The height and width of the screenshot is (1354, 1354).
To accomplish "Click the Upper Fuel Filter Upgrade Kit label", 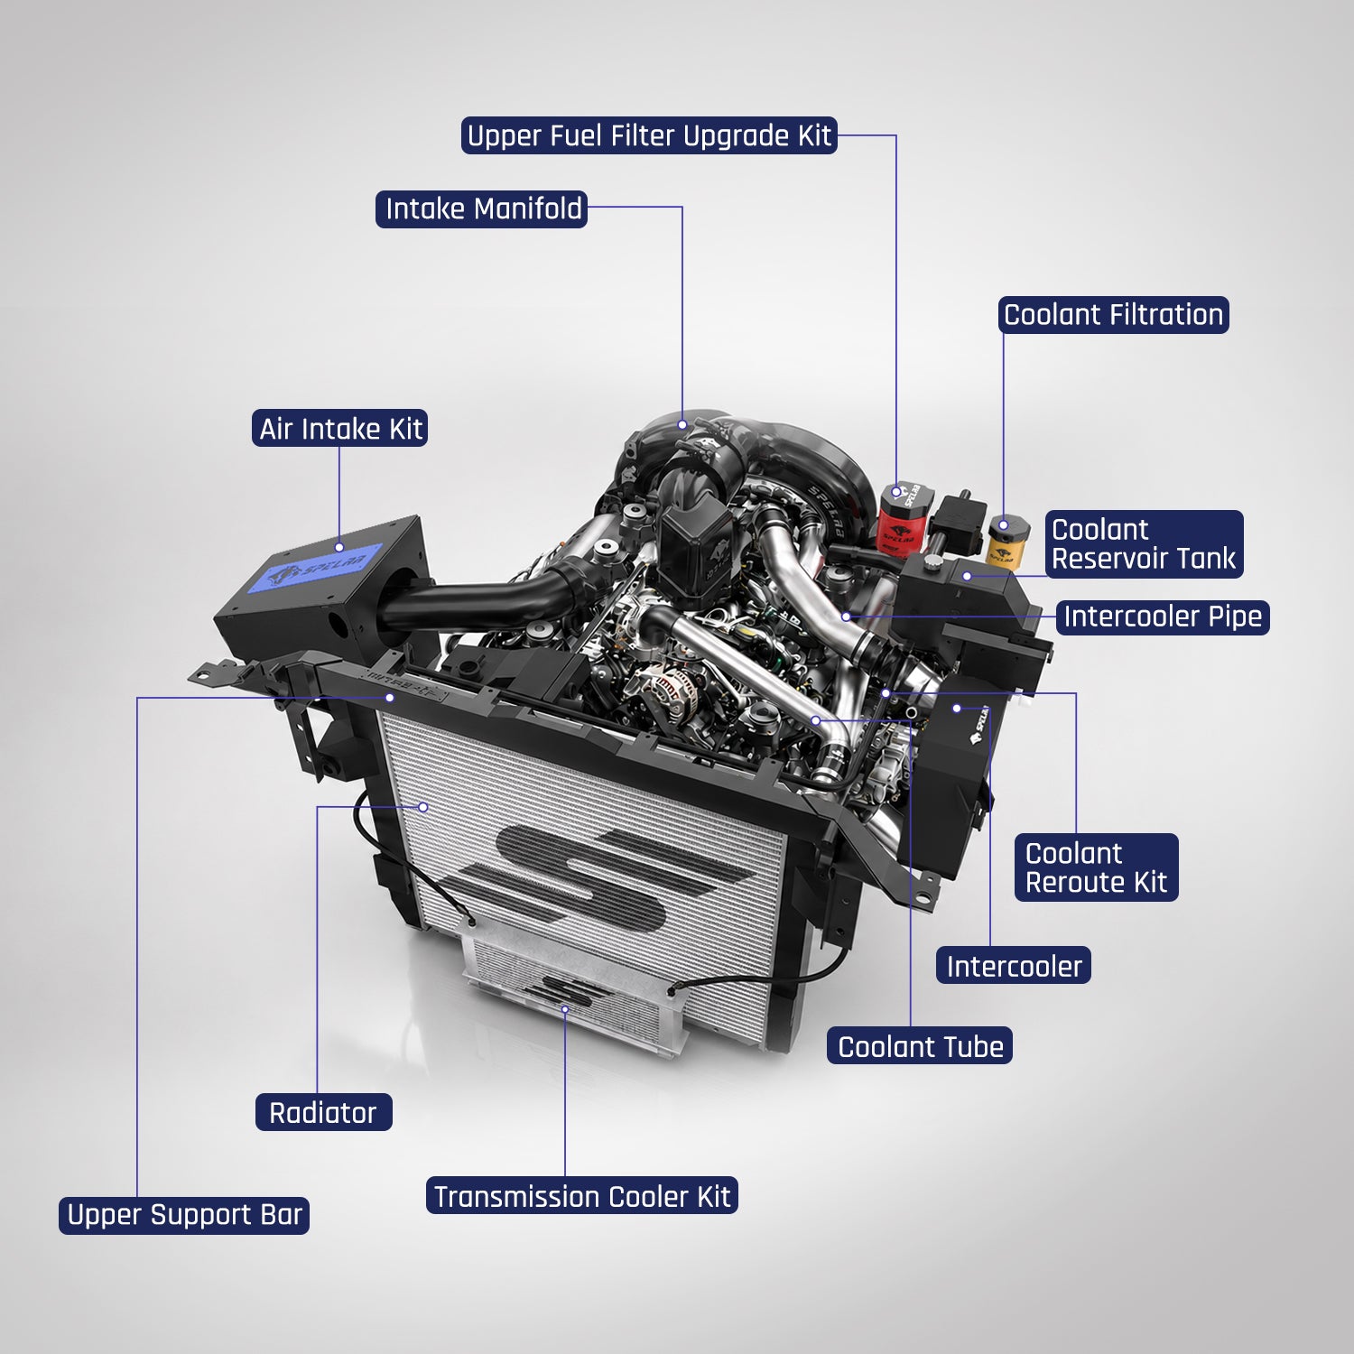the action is [x=649, y=135].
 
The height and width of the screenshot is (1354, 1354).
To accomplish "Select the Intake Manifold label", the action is [x=482, y=209].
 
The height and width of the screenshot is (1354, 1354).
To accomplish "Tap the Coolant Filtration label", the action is [x=1114, y=315].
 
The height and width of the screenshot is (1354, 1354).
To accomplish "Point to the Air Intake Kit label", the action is [x=339, y=429].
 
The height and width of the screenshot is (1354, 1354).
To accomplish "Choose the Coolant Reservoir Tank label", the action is [x=1144, y=544].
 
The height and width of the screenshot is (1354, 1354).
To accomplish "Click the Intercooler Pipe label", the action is [x=1163, y=617].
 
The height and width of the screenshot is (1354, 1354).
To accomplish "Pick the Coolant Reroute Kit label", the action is [x=1096, y=867].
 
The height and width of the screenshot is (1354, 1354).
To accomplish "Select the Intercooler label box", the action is [x=1014, y=966].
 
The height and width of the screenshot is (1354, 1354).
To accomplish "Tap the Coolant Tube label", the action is [x=920, y=1046].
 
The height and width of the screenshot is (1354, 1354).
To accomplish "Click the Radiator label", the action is [x=323, y=1112].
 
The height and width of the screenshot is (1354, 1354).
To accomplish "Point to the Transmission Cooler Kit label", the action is [x=582, y=1196].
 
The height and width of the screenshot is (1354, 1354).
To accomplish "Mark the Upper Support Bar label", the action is [x=184, y=1215].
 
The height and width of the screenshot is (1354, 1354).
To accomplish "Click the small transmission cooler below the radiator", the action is [x=578, y=994].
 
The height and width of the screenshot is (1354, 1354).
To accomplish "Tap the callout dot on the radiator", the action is [x=423, y=807].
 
